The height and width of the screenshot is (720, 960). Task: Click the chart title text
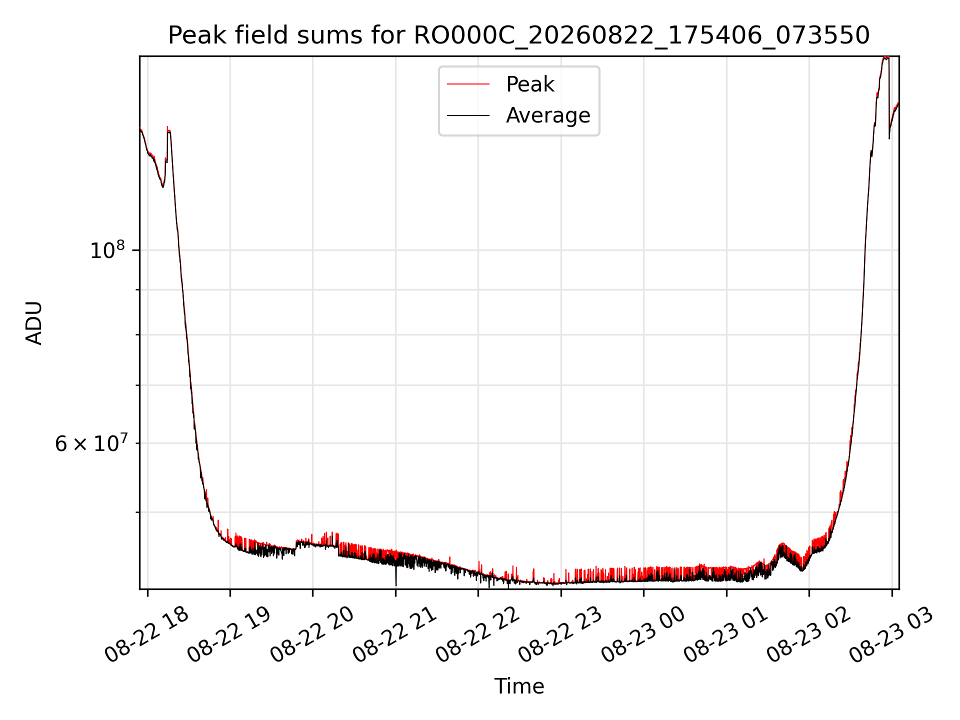pyautogui.click(x=519, y=35)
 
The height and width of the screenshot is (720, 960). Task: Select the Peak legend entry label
pyautogui.click(x=530, y=84)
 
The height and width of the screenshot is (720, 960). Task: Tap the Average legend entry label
pyautogui.click(x=548, y=115)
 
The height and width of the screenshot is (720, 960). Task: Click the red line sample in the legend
pyautogui.click(x=468, y=84)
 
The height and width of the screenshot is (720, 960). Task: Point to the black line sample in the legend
pyautogui.click(x=468, y=115)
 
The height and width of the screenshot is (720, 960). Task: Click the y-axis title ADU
pyautogui.click(x=34, y=323)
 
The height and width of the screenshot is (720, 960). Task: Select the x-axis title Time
pyautogui.click(x=519, y=686)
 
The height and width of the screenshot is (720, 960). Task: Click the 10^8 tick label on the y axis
pyautogui.click(x=107, y=249)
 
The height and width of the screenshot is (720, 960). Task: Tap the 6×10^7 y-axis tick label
pyautogui.click(x=90, y=443)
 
